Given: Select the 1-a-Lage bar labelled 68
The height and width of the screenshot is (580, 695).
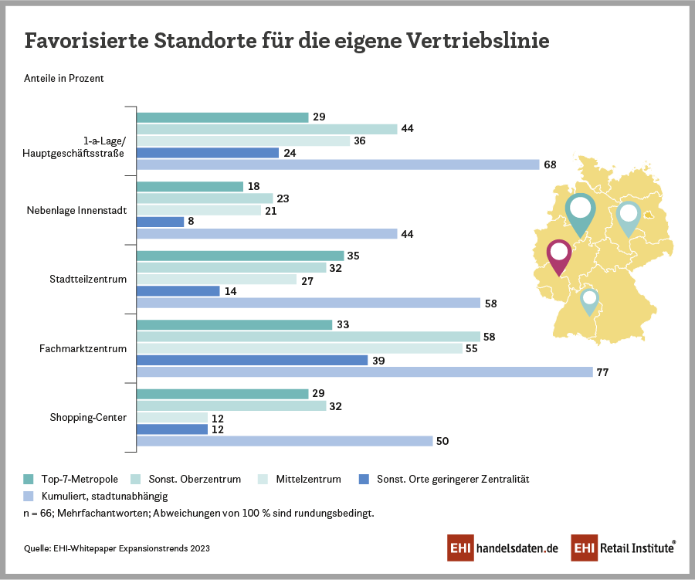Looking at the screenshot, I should coord(337,165).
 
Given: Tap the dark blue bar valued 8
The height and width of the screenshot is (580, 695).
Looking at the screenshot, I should coord(160,222).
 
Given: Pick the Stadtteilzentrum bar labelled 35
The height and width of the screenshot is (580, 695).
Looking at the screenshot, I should coord(239,256).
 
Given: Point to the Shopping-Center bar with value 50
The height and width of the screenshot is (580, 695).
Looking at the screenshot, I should coord(284,441).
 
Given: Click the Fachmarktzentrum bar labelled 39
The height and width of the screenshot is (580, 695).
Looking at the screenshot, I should coord(252,360).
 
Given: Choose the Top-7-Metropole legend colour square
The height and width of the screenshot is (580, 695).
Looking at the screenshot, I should coord(29,479).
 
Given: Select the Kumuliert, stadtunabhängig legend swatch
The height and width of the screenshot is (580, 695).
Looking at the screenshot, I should coord(29,496).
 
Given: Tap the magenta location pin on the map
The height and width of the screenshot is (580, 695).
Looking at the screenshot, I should coord(558,256).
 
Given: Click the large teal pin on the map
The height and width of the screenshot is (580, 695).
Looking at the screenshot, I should coord(580,211).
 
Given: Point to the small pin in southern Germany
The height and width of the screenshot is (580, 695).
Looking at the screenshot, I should coord(589,300).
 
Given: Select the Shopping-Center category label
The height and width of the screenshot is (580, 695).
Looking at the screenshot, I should coord(88,418).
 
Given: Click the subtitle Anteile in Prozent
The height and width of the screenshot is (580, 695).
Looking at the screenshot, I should coord(64,78).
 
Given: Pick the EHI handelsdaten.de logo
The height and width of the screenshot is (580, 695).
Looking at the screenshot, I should coord(503,548).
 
